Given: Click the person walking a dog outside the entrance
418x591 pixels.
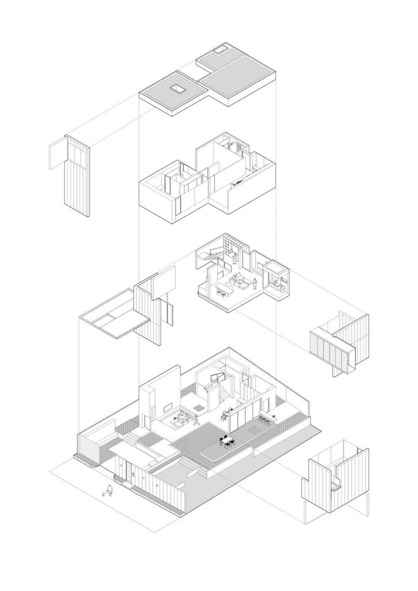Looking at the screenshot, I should tap(108, 491).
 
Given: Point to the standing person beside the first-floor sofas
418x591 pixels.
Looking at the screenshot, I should tap(255, 283).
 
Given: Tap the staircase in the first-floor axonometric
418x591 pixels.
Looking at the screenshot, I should tap(210, 256).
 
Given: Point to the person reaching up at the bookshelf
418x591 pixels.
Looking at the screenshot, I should tap(236, 256).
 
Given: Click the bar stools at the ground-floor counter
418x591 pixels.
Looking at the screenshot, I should tap(267, 420).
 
